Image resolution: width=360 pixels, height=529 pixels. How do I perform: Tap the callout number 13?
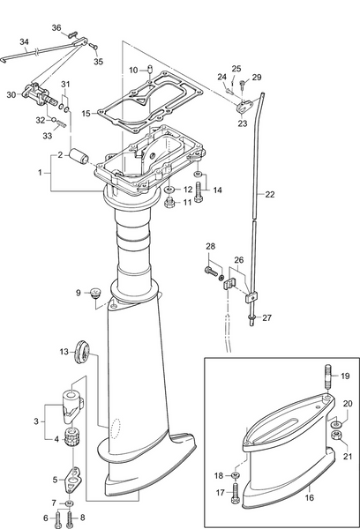(x=64, y=352)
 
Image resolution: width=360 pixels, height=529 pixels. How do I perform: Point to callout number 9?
(x=79, y=292)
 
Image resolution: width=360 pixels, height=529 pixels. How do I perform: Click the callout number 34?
(x=25, y=41)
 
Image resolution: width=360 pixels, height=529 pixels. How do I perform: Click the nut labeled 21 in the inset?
(x=337, y=436)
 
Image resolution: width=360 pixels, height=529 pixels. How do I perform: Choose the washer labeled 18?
(x=236, y=476)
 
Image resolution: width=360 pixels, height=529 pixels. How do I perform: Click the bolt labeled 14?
(x=199, y=189)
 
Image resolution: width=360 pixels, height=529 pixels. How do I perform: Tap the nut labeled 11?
(x=169, y=203)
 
